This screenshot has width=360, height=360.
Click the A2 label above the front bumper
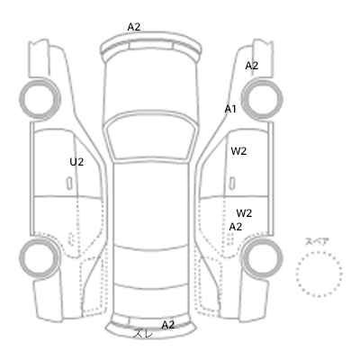click(x=134, y=27)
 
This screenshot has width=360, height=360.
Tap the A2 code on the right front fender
click(x=252, y=66)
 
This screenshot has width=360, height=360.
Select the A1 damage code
click(x=230, y=109)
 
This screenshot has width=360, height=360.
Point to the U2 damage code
click(x=76, y=162)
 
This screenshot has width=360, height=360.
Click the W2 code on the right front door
click(x=238, y=151)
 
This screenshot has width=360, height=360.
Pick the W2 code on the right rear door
click(x=244, y=213)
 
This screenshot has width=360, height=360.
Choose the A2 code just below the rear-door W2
click(x=236, y=227)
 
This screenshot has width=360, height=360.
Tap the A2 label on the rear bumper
click(x=168, y=325)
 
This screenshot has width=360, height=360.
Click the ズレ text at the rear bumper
click(x=143, y=333)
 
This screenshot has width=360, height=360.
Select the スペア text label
click(x=317, y=242)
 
